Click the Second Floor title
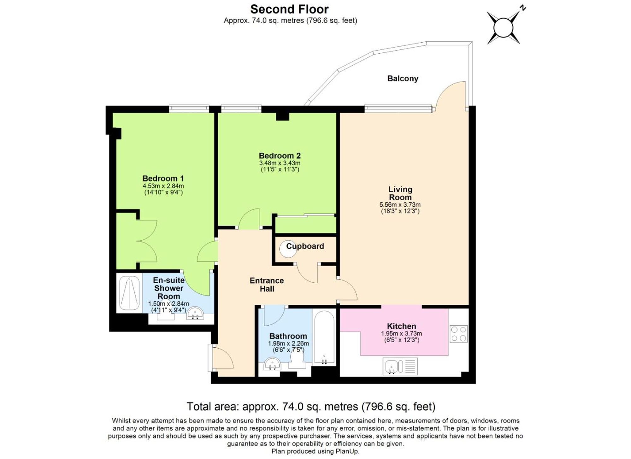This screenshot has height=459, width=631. coord(289,9)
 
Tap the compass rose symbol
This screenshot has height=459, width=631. coord(504,28)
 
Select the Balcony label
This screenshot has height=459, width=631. coord(403,79)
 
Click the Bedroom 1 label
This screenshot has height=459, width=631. coord(163,179)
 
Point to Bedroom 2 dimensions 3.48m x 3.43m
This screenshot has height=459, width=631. coord(280,163)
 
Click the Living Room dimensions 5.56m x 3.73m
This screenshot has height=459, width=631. coord(400,205)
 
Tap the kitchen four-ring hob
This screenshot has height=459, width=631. coord(458,334)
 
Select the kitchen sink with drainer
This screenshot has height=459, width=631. coord(400,366)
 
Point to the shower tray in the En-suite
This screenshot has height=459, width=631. coord(129,293)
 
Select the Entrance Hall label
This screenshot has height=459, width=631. coord(267,285)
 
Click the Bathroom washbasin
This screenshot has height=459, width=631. coord(272,364)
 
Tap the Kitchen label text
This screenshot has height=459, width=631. coord(401,326)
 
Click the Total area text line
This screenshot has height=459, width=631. coord(311,407)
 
